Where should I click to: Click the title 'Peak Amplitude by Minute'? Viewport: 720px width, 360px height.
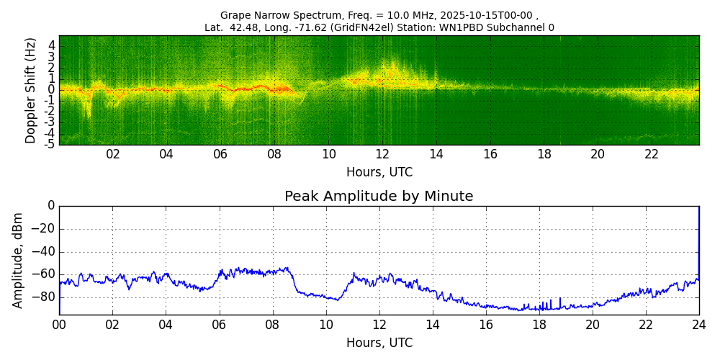(379, 197)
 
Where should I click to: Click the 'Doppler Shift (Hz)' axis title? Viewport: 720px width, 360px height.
(31, 90)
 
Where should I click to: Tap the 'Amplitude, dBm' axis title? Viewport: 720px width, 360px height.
(18, 260)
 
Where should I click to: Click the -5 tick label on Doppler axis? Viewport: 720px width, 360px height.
(50, 144)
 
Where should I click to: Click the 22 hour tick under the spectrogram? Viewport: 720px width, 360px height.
(652, 155)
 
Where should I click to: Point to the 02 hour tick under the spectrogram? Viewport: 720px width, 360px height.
(113, 155)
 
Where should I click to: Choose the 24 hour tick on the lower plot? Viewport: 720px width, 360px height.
(699, 325)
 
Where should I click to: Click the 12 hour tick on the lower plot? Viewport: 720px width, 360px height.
(379, 325)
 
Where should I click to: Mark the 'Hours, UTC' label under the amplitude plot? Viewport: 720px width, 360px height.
(379, 343)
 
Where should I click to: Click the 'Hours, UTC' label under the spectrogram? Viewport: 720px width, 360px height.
(379, 173)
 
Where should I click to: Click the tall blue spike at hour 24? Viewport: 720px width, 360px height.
(698, 238)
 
